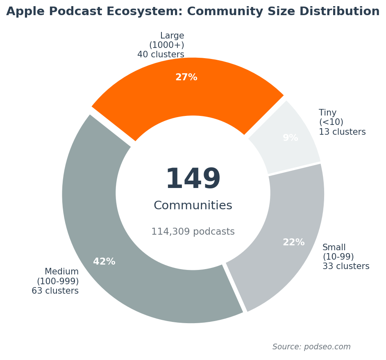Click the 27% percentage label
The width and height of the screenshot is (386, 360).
(x=186, y=77)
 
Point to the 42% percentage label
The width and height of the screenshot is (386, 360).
(x=104, y=262)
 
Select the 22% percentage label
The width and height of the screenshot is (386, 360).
(x=293, y=242)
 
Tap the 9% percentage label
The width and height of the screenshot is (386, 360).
(x=290, y=138)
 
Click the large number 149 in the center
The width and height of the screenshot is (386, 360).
(x=193, y=179)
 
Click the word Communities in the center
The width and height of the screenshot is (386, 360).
(x=193, y=206)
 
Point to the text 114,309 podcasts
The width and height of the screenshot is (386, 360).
(x=193, y=232)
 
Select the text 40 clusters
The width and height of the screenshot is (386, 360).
(x=161, y=54)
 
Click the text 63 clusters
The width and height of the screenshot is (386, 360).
(x=55, y=291)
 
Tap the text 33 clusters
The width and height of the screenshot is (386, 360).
(x=346, y=266)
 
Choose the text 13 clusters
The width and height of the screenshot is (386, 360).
(x=342, y=132)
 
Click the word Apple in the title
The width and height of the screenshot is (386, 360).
(x=23, y=11)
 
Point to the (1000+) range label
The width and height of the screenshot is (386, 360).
(x=166, y=45)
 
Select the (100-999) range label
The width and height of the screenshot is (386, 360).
(x=58, y=281)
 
